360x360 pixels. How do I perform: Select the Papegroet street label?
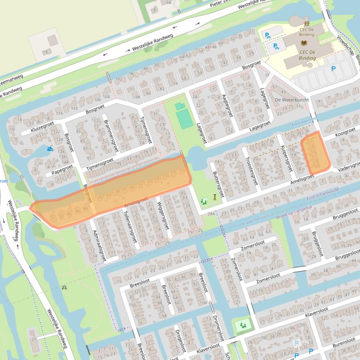tap(62, 169)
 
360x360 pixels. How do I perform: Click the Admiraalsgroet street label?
tap(99, 245)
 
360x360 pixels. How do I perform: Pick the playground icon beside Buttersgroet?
tap(204, 202)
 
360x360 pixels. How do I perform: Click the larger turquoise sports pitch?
tap(185, 119)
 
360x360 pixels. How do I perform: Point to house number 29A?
tap(212, 214)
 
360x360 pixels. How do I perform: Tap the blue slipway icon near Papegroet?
tap(50, 149)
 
